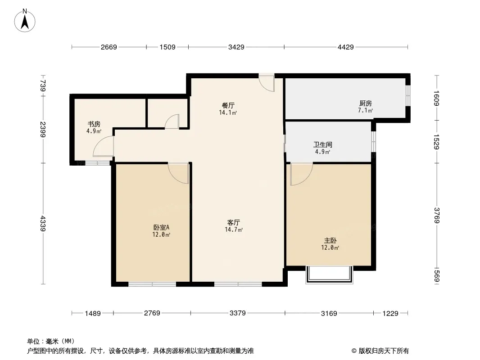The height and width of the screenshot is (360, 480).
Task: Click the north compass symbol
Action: (x=26, y=20)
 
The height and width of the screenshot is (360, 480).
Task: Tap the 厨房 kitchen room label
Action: (x=365, y=103)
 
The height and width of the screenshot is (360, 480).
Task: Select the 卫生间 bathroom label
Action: (x=322, y=145)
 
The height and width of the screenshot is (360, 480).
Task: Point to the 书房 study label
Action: (x=94, y=124)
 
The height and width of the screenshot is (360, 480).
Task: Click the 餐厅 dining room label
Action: (x=228, y=105)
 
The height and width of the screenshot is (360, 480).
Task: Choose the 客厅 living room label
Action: (x=233, y=222)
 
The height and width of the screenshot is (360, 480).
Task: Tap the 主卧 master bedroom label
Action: (x=330, y=240)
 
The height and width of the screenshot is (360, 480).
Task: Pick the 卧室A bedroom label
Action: (x=161, y=227)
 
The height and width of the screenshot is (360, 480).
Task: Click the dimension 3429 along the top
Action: (x=236, y=47)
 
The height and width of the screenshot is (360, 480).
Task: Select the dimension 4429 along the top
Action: (x=346, y=47)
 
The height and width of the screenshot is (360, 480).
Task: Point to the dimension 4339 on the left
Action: (x=43, y=224)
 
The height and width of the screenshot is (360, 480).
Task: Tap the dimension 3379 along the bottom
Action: (x=237, y=313)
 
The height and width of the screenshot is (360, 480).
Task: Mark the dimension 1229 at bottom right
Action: (x=390, y=313)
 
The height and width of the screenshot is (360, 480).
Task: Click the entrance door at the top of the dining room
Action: (x=267, y=82)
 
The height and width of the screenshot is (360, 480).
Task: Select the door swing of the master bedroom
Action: (x=300, y=174)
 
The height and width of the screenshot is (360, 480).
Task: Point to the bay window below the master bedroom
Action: (x=328, y=274)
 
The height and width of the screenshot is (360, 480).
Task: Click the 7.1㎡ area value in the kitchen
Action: (x=365, y=111)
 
